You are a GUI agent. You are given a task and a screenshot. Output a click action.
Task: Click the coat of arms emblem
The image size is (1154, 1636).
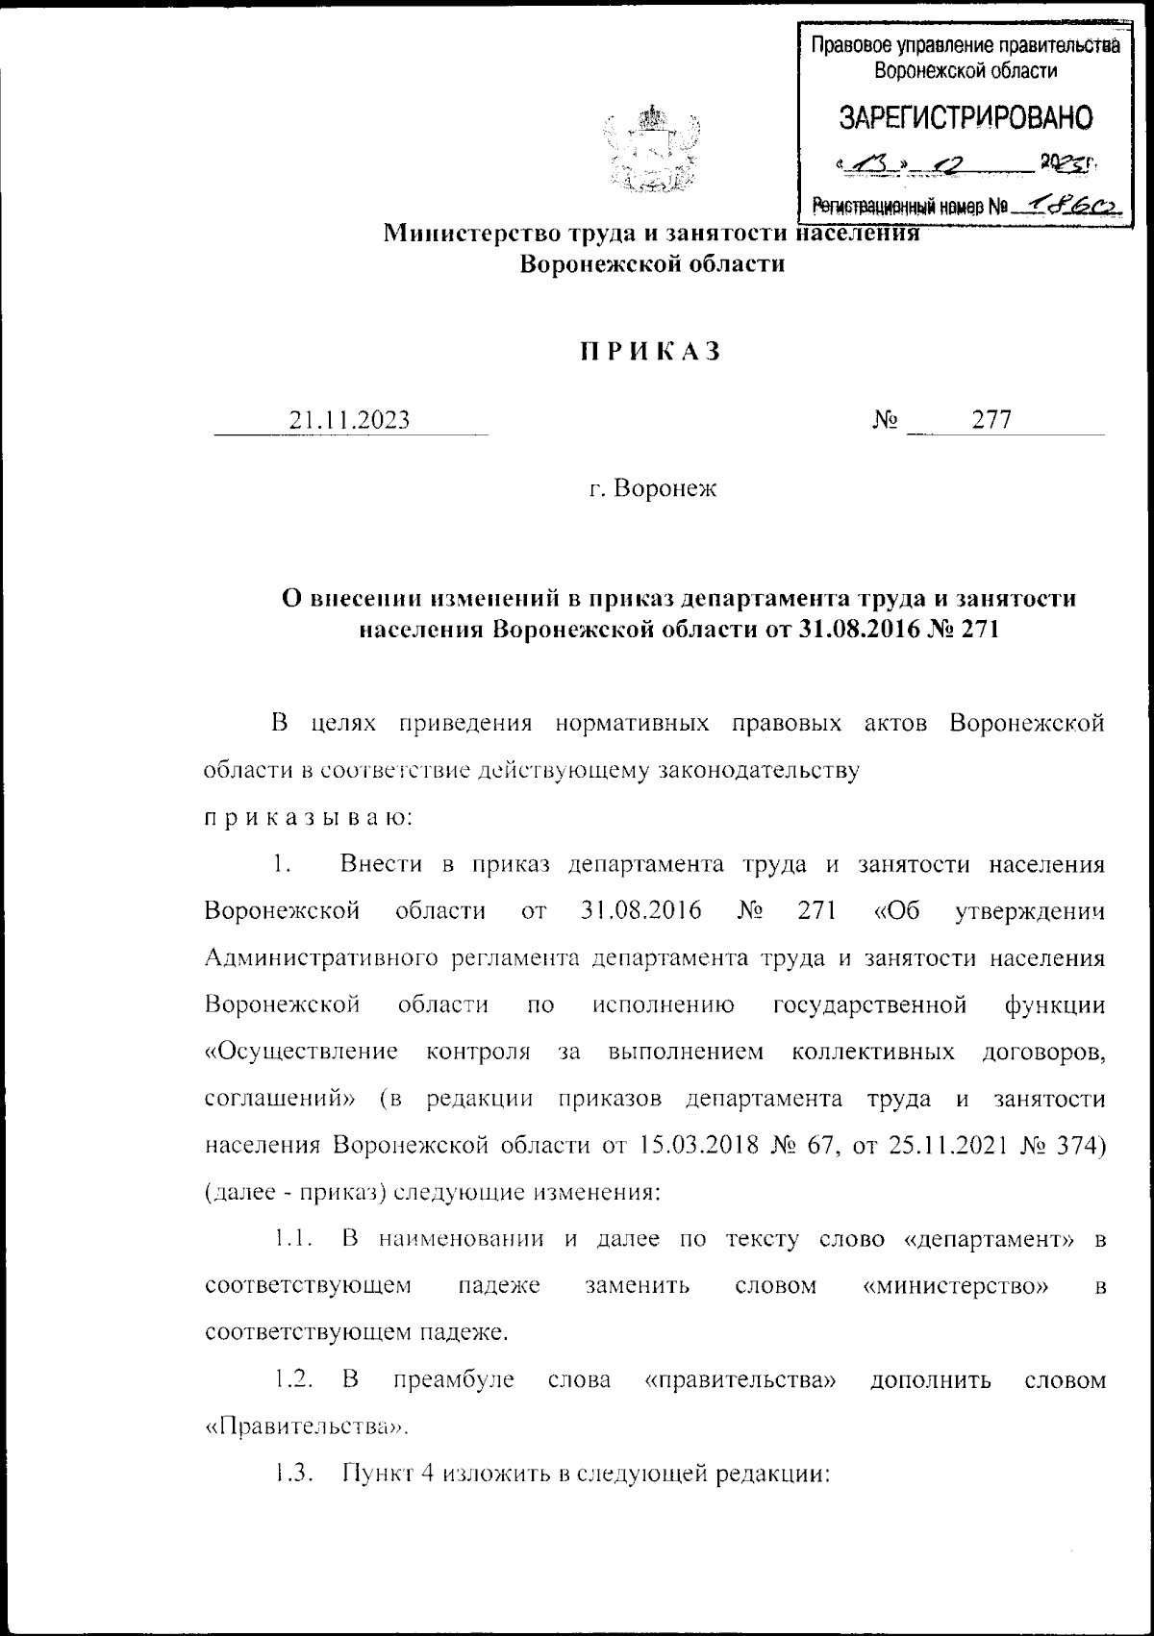pos(651,150)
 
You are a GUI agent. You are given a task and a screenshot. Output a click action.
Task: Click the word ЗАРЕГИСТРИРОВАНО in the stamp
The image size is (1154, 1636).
pos(966,117)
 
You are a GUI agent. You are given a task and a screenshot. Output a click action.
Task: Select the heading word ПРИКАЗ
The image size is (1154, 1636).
pos(649,352)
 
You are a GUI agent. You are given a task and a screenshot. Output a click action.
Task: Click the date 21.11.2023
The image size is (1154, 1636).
pos(350,420)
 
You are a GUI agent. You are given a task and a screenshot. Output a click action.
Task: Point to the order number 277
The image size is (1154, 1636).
pos(991,420)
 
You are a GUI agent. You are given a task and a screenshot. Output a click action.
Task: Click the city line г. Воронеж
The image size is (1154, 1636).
pos(653,489)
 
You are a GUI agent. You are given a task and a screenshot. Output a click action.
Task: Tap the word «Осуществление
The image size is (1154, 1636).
pos(302,1052)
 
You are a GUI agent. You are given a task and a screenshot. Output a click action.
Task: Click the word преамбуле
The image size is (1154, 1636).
pos(454,1380)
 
